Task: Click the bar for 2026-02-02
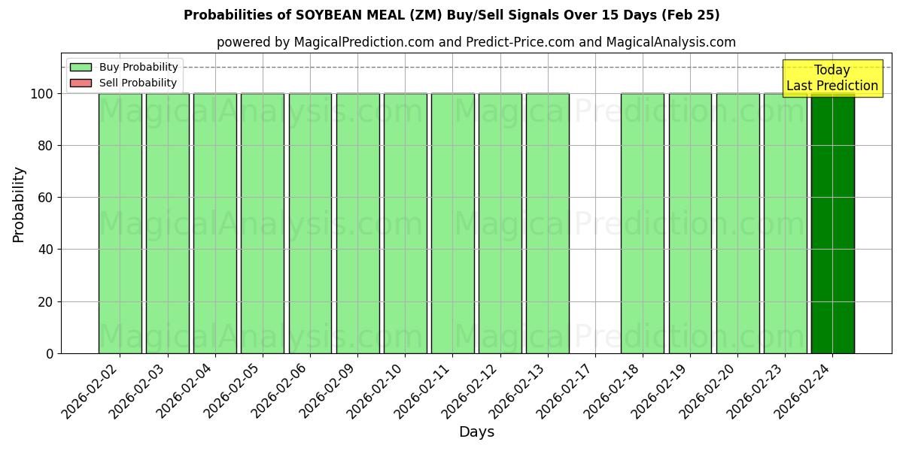click(x=120, y=223)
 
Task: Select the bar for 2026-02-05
click(x=263, y=223)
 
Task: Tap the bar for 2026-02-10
click(x=405, y=223)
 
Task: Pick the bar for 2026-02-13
click(x=548, y=223)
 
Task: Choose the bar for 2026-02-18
click(x=643, y=223)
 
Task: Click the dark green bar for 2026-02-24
click(x=833, y=223)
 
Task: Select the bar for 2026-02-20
click(x=737, y=223)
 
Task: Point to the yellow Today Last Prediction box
click(x=832, y=78)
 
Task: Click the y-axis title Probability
click(x=19, y=204)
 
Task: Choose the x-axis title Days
click(x=476, y=432)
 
